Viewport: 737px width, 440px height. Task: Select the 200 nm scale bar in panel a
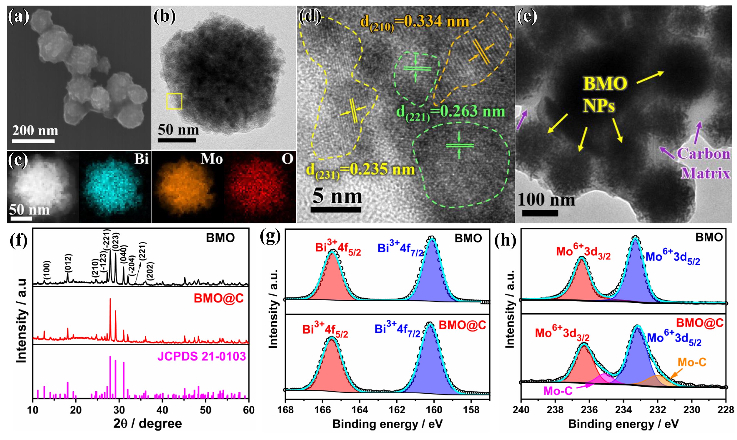tap(33, 141)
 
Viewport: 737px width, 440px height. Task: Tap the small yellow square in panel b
tap(174, 101)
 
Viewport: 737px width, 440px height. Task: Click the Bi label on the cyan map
tap(141, 159)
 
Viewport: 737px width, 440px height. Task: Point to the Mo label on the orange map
tap(211, 159)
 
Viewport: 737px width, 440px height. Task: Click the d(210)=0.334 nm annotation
tap(415, 22)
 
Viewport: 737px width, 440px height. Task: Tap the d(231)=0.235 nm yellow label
tap(360, 171)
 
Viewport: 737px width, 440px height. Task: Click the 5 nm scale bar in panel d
tap(336, 210)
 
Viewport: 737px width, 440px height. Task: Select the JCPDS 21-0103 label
tap(201, 356)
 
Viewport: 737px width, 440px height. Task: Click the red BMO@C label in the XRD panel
tap(219, 298)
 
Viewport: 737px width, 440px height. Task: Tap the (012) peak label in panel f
tap(68, 263)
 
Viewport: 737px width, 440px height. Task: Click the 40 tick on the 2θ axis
tap(162, 410)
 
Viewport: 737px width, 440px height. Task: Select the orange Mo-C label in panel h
tap(692, 362)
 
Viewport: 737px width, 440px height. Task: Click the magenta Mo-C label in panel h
tap(557, 391)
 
